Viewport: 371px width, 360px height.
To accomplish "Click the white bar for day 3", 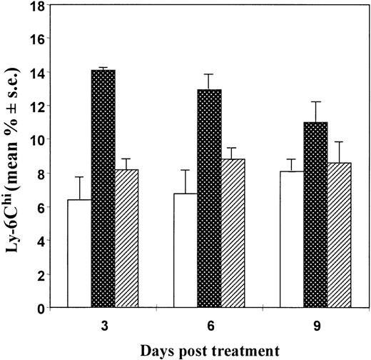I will [79, 254].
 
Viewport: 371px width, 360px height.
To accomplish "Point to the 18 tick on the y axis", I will [39, 6].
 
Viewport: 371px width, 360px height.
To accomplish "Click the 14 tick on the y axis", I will [39, 74].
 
